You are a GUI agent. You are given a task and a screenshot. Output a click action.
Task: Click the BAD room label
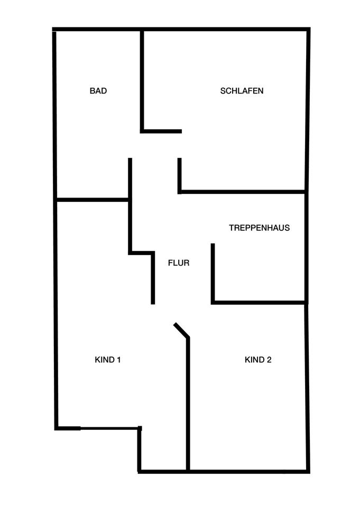tap(98, 91)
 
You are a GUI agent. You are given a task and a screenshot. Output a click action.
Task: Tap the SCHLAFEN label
tap(242, 91)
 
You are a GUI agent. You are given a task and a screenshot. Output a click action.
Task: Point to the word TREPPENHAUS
tap(259, 228)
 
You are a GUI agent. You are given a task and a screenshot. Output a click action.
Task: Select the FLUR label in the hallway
tap(178, 262)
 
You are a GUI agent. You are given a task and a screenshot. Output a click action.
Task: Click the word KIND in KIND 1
tap(104, 360)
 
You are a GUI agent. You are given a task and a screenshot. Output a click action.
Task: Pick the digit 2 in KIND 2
tap(269, 360)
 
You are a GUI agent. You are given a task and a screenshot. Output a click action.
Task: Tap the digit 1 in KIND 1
tap(119, 360)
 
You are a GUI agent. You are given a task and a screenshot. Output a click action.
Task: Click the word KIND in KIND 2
tap(254, 360)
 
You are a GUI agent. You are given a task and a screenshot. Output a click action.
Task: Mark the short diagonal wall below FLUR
tap(181, 330)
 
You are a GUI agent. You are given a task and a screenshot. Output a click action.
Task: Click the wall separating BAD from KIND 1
tap(93, 200)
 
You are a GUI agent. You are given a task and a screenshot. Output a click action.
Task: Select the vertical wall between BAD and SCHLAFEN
tap(142, 79)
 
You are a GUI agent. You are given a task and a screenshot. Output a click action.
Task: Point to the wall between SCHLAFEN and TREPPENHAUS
tap(243, 191)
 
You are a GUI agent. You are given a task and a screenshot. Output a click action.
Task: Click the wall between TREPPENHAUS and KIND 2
tap(259, 303)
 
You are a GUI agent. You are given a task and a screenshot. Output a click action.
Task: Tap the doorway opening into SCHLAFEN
tap(180, 145)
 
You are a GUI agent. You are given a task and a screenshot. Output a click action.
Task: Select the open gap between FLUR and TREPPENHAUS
tap(213, 218)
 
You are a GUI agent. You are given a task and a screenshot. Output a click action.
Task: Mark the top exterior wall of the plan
tap(180, 29)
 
